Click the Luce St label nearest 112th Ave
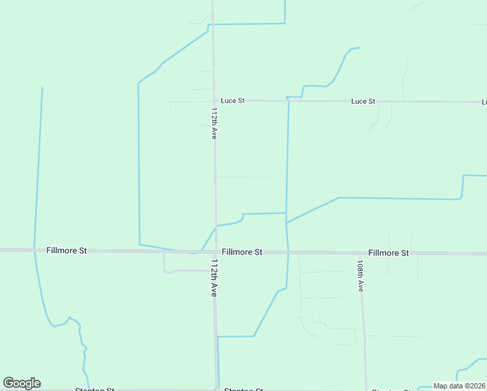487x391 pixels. [x=232, y=101]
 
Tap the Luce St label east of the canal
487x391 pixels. [x=363, y=102]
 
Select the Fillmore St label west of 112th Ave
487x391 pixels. [x=66, y=251]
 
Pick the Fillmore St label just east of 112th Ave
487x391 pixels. [x=242, y=252]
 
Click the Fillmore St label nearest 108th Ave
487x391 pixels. [x=388, y=253]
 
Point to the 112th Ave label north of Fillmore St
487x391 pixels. [x=214, y=124]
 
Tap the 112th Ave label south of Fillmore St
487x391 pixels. [x=214, y=278]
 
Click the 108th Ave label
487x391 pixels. [x=360, y=277]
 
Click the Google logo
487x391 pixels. [x=21, y=383]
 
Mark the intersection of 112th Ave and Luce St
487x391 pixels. [x=214, y=101]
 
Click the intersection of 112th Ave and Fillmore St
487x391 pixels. [x=216, y=252]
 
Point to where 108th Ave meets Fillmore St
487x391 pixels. [x=361, y=253]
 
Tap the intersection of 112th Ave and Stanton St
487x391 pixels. [x=217, y=390]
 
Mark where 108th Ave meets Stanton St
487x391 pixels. [x=366, y=390]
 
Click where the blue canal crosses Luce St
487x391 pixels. [x=288, y=101]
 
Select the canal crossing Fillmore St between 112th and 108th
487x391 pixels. [x=288, y=252]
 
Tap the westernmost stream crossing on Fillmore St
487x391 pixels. [x=35, y=250]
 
